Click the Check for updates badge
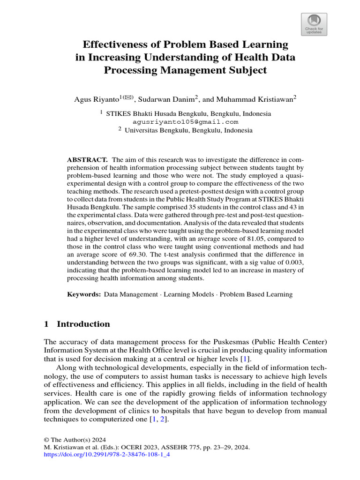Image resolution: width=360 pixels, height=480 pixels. [x=314, y=24]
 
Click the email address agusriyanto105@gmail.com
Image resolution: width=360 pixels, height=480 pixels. [x=186, y=122]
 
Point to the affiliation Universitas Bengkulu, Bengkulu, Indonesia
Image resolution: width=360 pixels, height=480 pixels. [x=188, y=130]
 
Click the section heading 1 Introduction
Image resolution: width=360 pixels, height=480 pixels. [x=77, y=324]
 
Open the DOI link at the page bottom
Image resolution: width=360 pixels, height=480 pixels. [x=106, y=454]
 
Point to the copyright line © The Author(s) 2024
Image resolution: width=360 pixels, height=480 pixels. [x=75, y=440]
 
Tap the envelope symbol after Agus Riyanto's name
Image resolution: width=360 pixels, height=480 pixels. [x=128, y=97]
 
